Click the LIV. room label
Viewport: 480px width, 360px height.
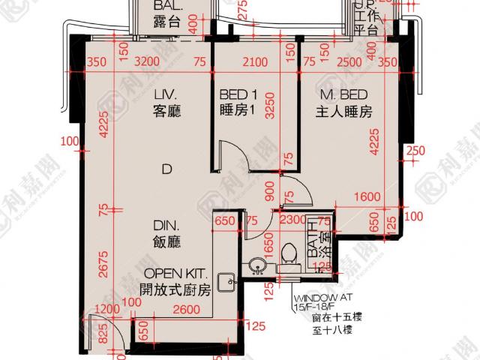coord(165,95)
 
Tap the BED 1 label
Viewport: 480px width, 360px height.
coord(239,95)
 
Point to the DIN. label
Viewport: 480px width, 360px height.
coord(165,224)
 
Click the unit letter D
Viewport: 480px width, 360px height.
coord(165,170)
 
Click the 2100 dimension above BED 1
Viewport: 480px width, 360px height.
coord(253,62)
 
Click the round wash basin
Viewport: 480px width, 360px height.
coord(258,265)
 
